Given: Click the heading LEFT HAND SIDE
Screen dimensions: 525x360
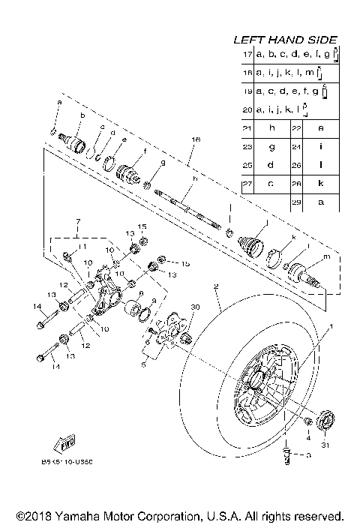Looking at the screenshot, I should tap(285, 40).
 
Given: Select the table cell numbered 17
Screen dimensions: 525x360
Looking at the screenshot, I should tap(247, 55).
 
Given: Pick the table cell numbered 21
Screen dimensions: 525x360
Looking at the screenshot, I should tap(247, 128).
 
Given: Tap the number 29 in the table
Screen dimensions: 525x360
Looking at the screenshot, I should tap(297, 202).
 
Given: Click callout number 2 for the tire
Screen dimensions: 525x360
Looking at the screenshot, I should tap(215, 287).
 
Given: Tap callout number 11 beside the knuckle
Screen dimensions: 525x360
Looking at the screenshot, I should tap(83, 247).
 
